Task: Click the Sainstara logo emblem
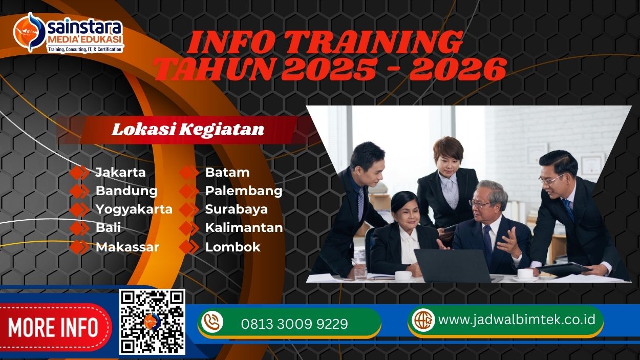28,32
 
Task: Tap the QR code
152,322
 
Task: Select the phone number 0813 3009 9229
294,324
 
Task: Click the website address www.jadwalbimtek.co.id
517,320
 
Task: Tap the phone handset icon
212,323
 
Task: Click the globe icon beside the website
423,320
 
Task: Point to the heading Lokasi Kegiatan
188,130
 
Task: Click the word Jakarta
120,172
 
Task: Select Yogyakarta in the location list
134,209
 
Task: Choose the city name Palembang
244,191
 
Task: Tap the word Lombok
232,247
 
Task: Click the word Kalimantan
244,228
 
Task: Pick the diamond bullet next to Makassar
79,247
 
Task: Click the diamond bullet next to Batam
189,173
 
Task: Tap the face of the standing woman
447,156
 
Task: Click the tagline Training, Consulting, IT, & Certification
85,49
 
